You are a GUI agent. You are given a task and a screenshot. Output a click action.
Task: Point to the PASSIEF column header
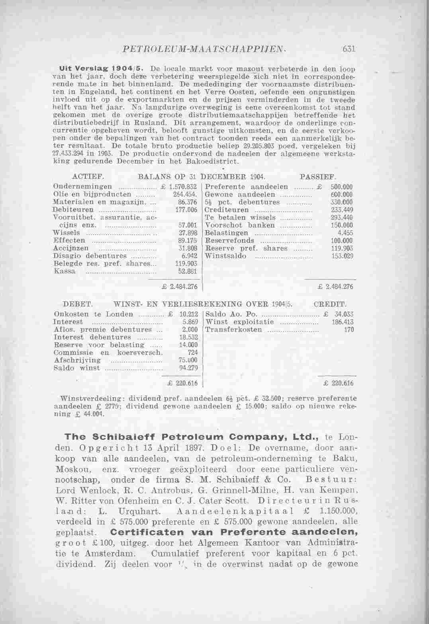317,176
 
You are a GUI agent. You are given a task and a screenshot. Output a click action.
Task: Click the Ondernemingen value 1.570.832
184,187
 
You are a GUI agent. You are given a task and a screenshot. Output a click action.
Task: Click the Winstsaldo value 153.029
342,256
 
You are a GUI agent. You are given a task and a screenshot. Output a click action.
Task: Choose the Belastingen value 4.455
345,233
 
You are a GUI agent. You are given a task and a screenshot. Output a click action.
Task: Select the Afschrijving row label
77,360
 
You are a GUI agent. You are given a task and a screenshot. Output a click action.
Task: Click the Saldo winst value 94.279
189,368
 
